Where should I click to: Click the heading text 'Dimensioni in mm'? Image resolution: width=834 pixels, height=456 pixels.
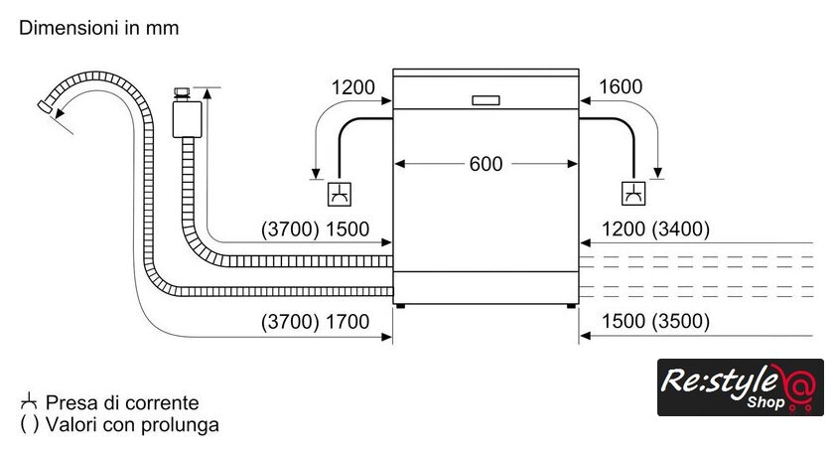tap(99, 28)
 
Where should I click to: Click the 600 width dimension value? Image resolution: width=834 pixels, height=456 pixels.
tap(486, 164)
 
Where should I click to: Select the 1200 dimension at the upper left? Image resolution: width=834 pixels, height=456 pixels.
tap(353, 87)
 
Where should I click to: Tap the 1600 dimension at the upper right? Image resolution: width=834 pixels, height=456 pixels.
tap(622, 87)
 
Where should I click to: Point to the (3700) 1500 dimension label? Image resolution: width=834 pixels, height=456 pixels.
tap(315, 229)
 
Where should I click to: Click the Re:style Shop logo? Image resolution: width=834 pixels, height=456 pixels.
tap(740, 387)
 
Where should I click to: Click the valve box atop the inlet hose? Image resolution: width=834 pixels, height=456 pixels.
tap(186, 117)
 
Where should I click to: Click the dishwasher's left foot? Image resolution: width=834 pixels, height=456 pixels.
tap(399, 307)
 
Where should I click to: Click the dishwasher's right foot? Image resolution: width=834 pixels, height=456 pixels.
tap(572, 307)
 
